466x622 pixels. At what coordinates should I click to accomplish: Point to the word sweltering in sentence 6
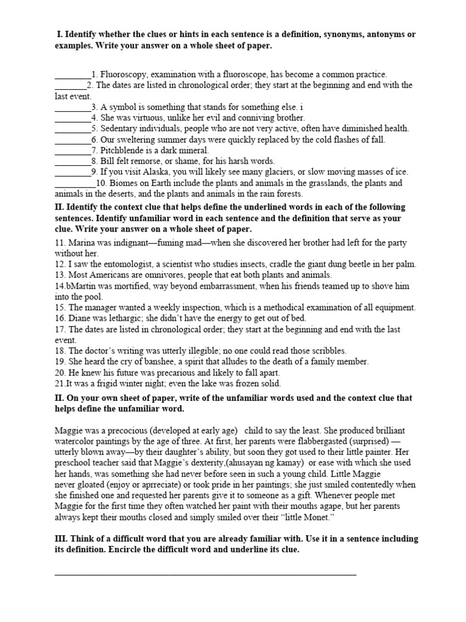tap(138, 140)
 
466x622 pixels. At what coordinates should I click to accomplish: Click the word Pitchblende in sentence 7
tap(115, 151)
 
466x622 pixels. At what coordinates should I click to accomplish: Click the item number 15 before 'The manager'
tap(59, 308)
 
